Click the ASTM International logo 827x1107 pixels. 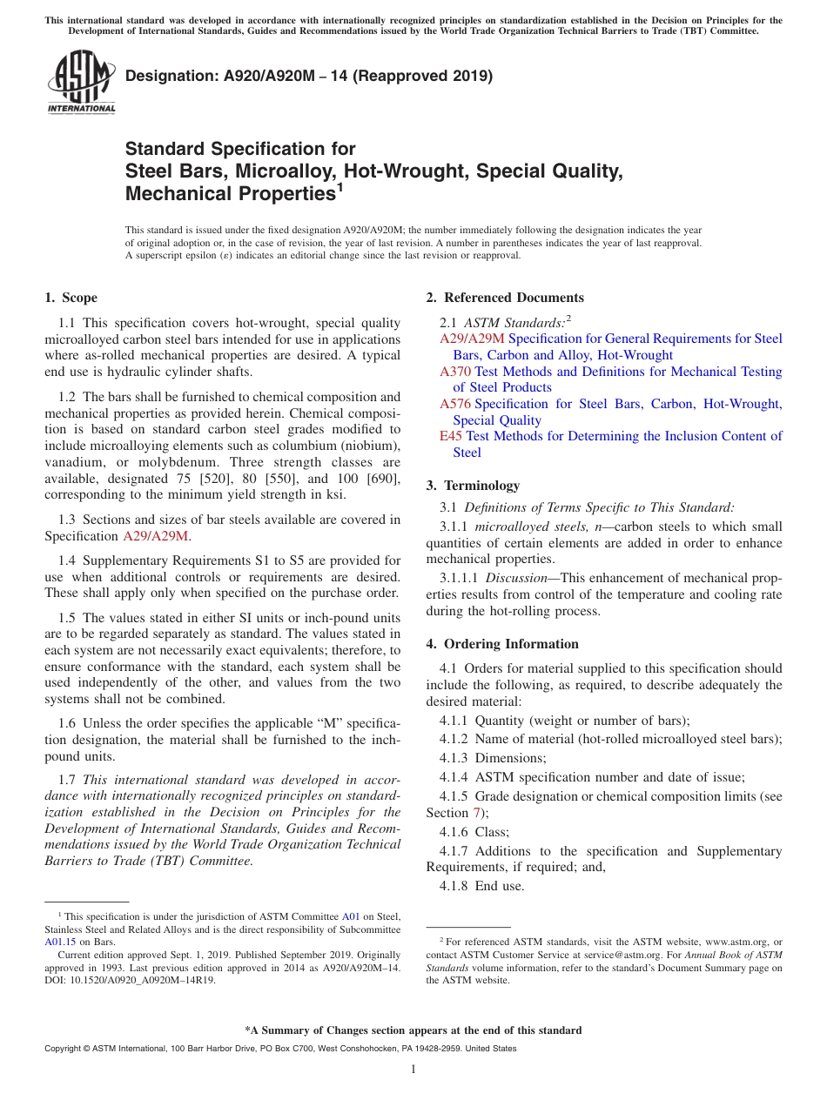[x=80, y=82]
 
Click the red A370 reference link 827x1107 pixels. [x=455, y=372]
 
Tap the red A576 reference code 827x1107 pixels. [x=455, y=404]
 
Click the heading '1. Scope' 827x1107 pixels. [x=71, y=298]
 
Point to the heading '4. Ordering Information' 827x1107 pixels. [x=502, y=644]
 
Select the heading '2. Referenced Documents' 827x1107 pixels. [x=505, y=298]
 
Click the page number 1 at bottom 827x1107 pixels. [x=413, y=1070]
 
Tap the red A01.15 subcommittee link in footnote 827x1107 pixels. [x=58, y=941]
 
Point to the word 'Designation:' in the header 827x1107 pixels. [x=171, y=76]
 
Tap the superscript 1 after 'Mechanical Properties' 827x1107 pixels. [x=340, y=187]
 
